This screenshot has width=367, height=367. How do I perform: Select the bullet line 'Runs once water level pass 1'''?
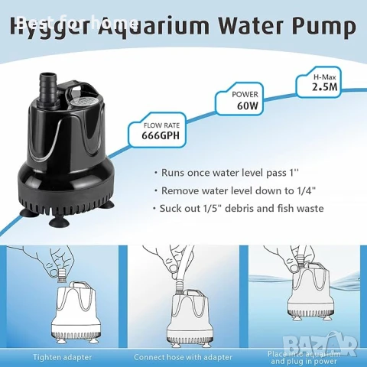coord(230,173)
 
